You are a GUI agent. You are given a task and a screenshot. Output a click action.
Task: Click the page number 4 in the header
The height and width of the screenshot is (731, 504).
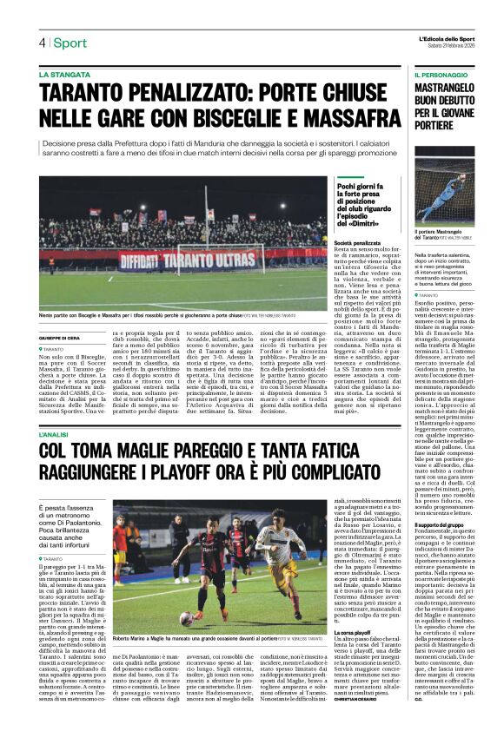tap(41, 43)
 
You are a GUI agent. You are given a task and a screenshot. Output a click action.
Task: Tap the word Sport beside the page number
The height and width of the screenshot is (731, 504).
tap(70, 43)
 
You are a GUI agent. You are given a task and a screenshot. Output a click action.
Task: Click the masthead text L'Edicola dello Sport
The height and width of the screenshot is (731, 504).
tap(448, 37)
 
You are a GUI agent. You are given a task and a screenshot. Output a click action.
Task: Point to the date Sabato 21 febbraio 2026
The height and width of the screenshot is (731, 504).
tap(449, 47)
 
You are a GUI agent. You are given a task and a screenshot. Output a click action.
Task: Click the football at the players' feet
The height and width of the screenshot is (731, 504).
tap(185, 617)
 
